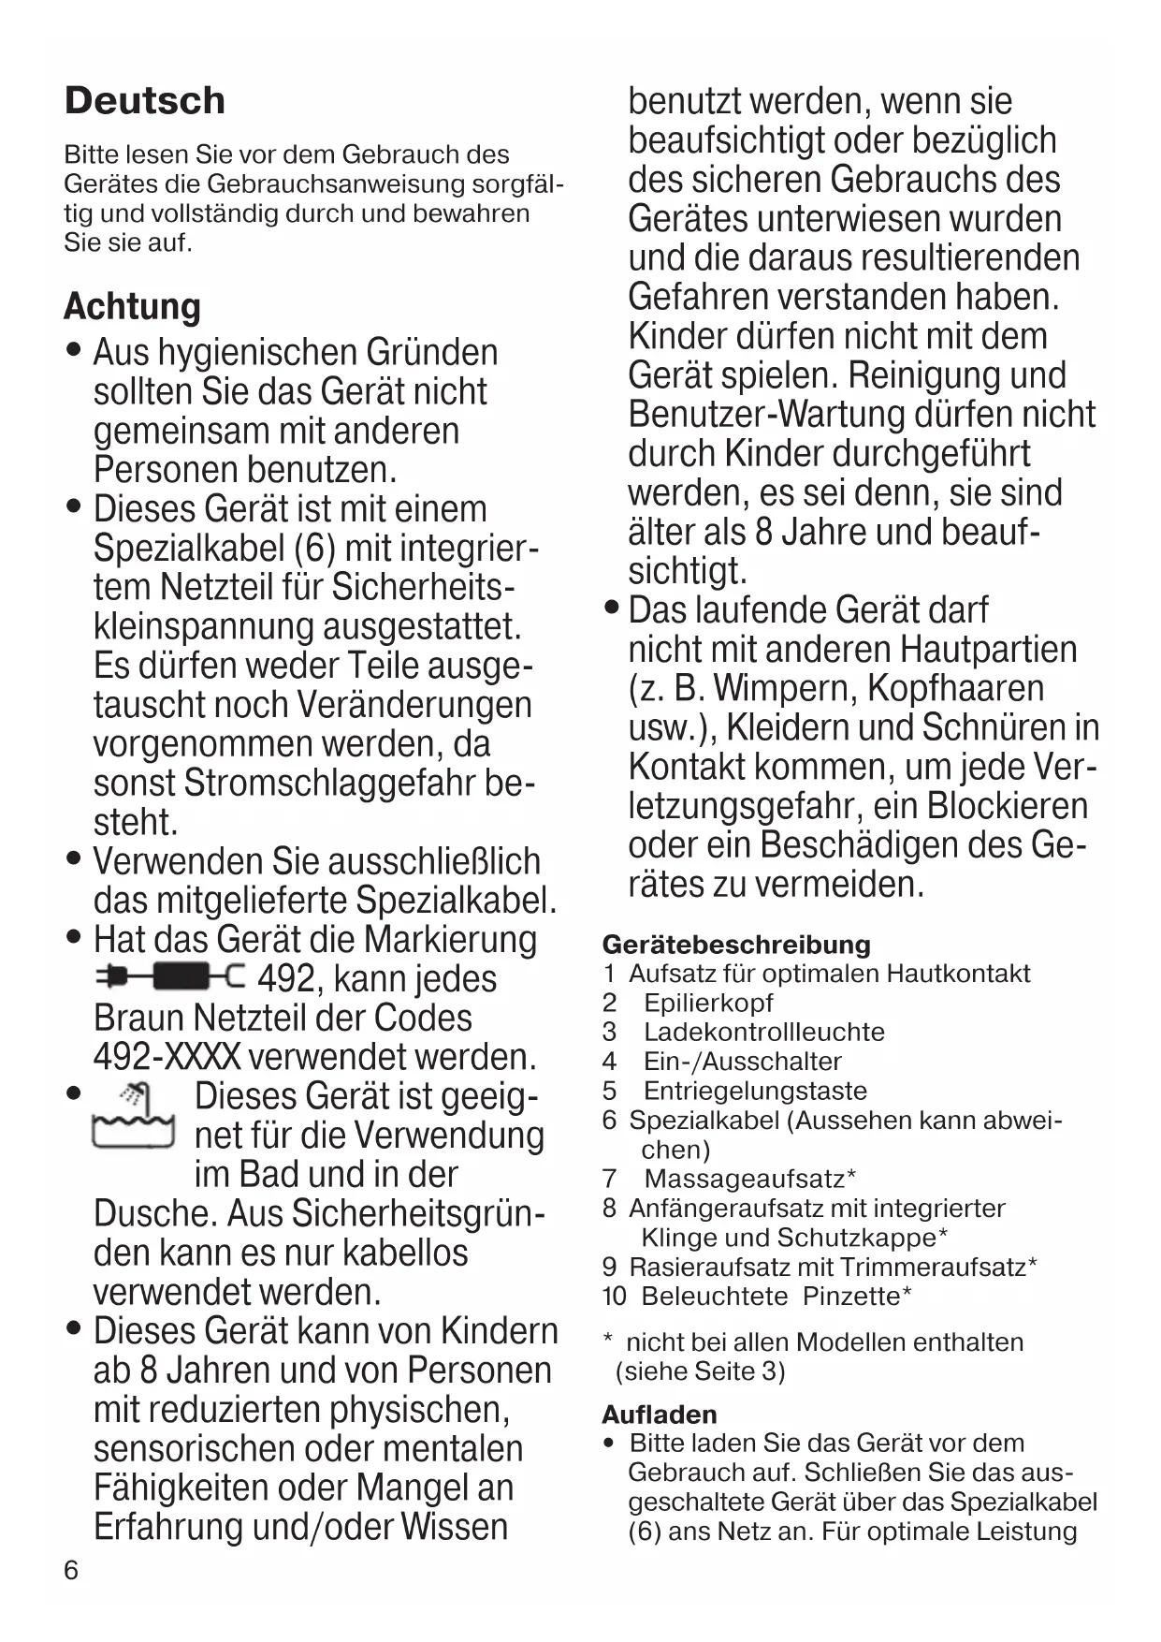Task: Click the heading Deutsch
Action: tap(145, 101)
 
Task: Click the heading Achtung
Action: tap(132, 307)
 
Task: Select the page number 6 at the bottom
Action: tap(72, 1570)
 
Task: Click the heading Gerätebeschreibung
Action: tap(735, 945)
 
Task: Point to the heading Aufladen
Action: tap(659, 1414)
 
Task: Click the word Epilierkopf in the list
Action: tap(708, 1003)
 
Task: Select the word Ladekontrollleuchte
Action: tap(763, 1032)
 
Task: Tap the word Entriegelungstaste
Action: tap(755, 1091)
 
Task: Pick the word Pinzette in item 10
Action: tap(851, 1296)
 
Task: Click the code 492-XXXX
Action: tap(167, 1057)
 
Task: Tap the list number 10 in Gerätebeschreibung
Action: tap(614, 1296)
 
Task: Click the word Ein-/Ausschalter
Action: tap(742, 1062)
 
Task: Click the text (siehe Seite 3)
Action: tap(700, 1371)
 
